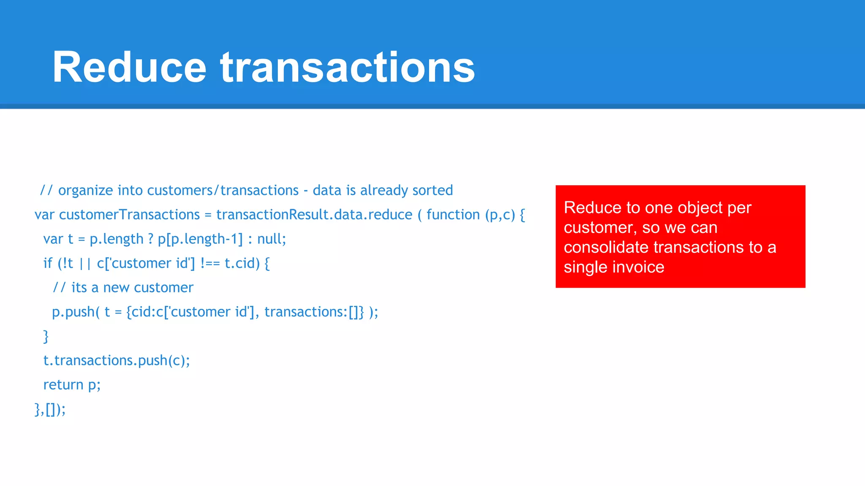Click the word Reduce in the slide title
[x=129, y=67]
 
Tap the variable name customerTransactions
[x=129, y=215]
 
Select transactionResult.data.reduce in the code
[x=314, y=215]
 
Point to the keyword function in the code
[x=453, y=215]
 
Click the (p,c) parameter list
[x=500, y=215]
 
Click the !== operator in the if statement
[x=210, y=263]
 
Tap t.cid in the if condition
[x=242, y=263]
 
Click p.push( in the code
[x=76, y=312]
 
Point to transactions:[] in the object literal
[x=313, y=312]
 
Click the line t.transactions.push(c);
[x=117, y=361]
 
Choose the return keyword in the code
[x=63, y=385]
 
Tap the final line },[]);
[x=50, y=409]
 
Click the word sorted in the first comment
[x=432, y=191]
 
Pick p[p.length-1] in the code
[x=200, y=239]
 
